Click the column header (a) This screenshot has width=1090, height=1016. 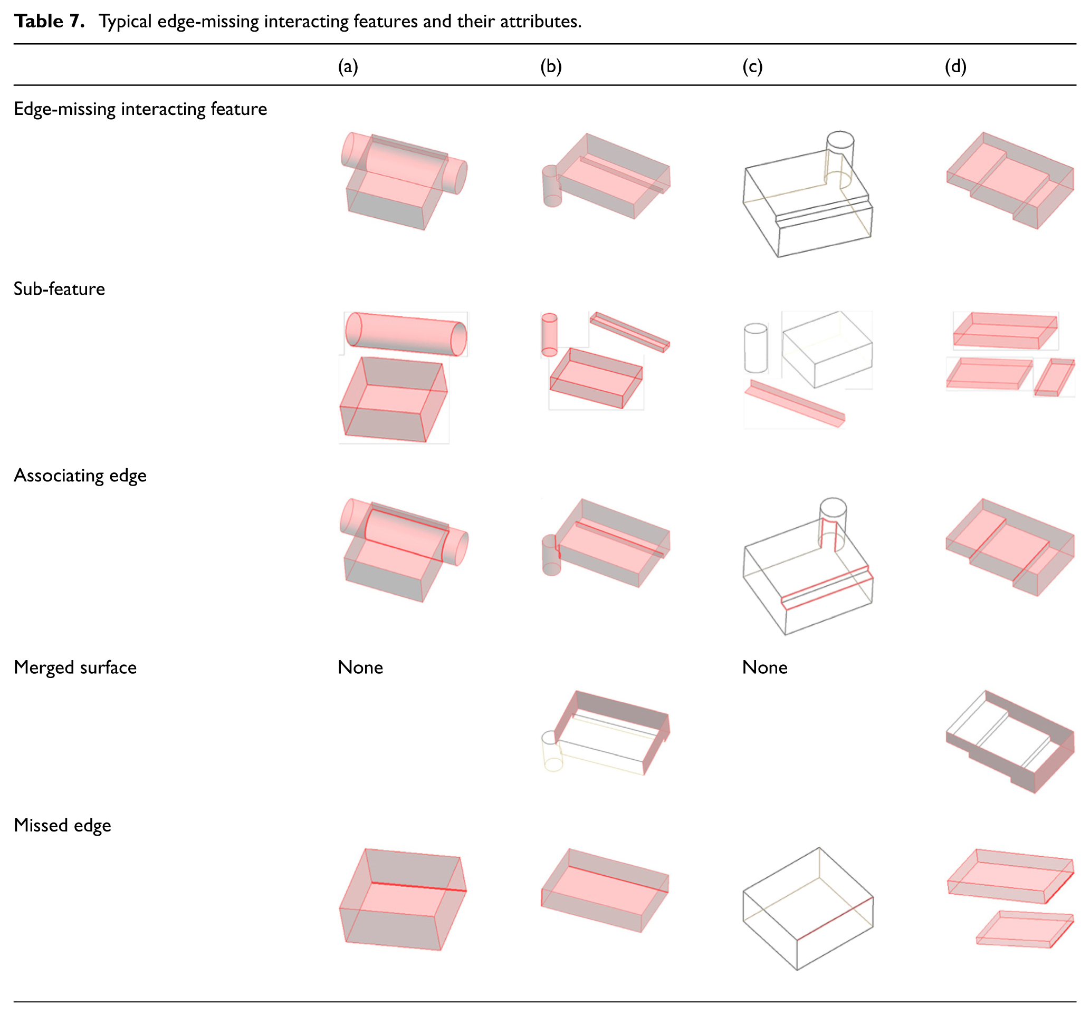(x=348, y=66)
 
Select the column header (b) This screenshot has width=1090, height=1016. (x=551, y=66)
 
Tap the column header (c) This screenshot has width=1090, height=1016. (x=753, y=66)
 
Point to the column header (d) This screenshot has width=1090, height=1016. (x=955, y=66)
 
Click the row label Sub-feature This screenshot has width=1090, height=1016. (x=59, y=289)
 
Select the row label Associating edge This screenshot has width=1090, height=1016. (x=80, y=476)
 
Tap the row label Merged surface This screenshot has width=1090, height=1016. (x=75, y=667)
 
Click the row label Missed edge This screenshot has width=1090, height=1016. (x=62, y=825)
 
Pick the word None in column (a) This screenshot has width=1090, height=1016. (x=360, y=667)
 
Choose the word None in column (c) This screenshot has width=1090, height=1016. (x=765, y=667)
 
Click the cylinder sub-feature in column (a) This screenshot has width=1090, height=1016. (x=406, y=334)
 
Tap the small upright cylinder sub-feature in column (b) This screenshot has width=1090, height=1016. (x=549, y=335)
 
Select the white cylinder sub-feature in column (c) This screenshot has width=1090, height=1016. (x=756, y=348)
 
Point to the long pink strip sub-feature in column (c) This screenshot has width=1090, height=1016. (x=795, y=403)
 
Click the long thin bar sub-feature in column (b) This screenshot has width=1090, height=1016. (x=630, y=332)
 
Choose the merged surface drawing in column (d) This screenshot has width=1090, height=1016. (x=1010, y=741)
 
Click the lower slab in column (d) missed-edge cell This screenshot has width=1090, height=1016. (x=1025, y=929)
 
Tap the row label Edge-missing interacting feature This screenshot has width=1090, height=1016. (x=140, y=109)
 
